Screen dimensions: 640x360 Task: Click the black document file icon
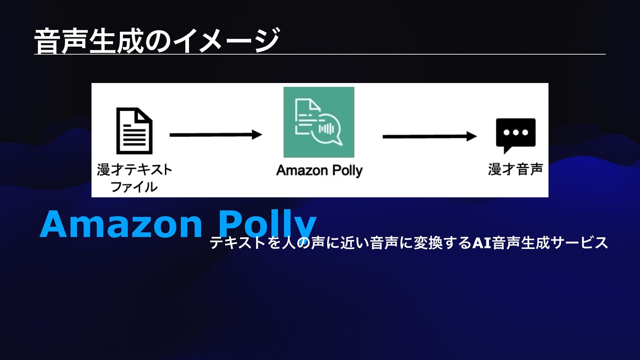coord(134,131)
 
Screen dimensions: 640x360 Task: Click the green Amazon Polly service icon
coord(319,122)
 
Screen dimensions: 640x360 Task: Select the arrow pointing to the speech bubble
coord(429,136)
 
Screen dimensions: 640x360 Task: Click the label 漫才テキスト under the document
coord(134,170)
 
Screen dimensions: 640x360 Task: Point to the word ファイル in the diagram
coord(134,187)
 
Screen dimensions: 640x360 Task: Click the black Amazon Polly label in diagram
coord(319,171)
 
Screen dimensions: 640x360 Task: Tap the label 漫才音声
coord(515,169)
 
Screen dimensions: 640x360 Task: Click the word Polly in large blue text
coord(267,224)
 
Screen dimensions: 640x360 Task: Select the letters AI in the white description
coord(482,243)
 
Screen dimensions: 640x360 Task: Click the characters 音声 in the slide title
coord(61,41)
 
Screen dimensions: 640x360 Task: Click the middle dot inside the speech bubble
coord(516,132)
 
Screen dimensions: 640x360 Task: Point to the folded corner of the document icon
coord(144,115)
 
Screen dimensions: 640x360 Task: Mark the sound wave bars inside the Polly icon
coord(326,128)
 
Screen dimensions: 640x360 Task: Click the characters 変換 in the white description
coord(428,243)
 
